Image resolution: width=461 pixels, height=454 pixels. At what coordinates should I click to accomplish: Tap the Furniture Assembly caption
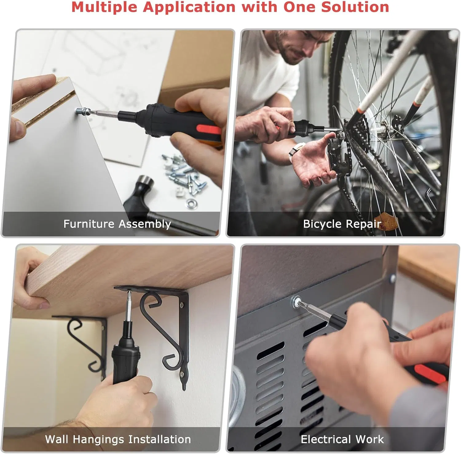coord(117,224)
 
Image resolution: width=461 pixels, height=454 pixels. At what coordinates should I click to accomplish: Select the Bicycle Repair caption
coord(342,224)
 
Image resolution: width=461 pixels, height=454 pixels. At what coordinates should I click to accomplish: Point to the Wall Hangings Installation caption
coord(118,439)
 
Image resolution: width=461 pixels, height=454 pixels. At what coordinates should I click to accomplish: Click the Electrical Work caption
coord(342,439)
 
